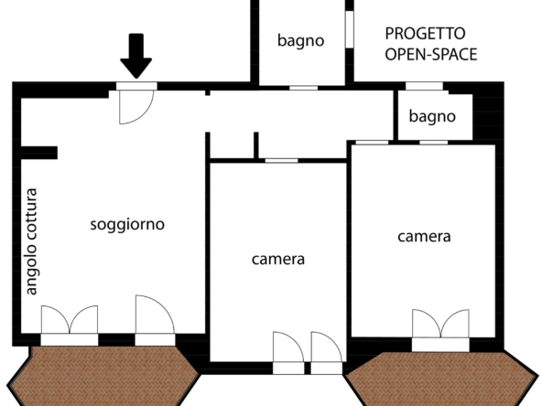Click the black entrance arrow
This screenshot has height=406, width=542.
[x=135, y=55]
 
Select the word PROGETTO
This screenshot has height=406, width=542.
[x=425, y=34]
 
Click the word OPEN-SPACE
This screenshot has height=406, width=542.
[x=431, y=55]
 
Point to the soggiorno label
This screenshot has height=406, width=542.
[x=127, y=225]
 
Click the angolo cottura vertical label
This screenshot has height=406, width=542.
[x=31, y=241]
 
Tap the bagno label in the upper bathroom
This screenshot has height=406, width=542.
[x=300, y=41]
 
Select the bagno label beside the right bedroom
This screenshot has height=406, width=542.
[x=432, y=116]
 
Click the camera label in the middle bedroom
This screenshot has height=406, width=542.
[x=278, y=259]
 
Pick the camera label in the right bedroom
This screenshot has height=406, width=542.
[x=424, y=237]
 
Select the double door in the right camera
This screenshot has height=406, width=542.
[x=440, y=330]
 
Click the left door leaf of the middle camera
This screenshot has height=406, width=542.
[x=288, y=352]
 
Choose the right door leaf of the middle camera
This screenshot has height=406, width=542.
[x=327, y=352]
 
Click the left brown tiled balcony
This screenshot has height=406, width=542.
[x=103, y=377]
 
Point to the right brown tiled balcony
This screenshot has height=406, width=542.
[x=442, y=379]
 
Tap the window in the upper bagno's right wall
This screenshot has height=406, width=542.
[x=350, y=29]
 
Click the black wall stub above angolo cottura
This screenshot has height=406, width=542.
[x=39, y=153]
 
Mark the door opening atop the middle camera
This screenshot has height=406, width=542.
[x=281, y=161]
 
